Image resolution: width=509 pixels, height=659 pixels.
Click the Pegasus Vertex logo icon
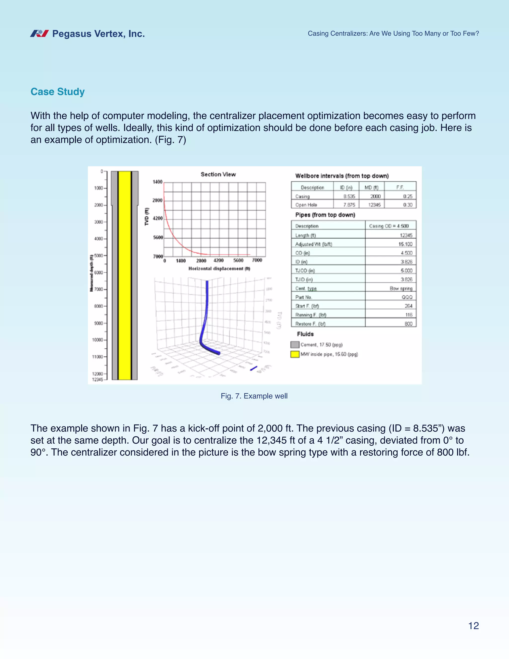[40, 34]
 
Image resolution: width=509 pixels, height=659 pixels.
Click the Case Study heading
[58, 92]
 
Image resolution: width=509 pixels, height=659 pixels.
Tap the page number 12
[473, 626]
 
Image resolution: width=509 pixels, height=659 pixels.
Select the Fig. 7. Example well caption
[254, 396]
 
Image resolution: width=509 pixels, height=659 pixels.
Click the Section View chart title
[218, 174]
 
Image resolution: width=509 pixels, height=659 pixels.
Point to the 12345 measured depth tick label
[97, 379]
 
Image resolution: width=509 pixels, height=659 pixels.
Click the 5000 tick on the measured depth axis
[99, 256]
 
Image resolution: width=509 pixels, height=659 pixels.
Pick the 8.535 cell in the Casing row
[349, 196]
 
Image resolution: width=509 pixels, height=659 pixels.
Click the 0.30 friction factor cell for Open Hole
[407, 205]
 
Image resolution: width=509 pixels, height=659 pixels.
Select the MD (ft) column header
[372, 188]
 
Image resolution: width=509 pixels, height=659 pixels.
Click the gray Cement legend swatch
[295, 345]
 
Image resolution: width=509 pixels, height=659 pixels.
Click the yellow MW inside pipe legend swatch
[295, 354]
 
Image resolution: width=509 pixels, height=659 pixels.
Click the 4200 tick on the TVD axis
[158, 218]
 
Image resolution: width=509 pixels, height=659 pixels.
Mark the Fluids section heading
[305, 334]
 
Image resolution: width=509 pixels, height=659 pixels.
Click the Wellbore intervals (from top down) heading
[342, 176]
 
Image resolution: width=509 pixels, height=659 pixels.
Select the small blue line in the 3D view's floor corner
[254, 369]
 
